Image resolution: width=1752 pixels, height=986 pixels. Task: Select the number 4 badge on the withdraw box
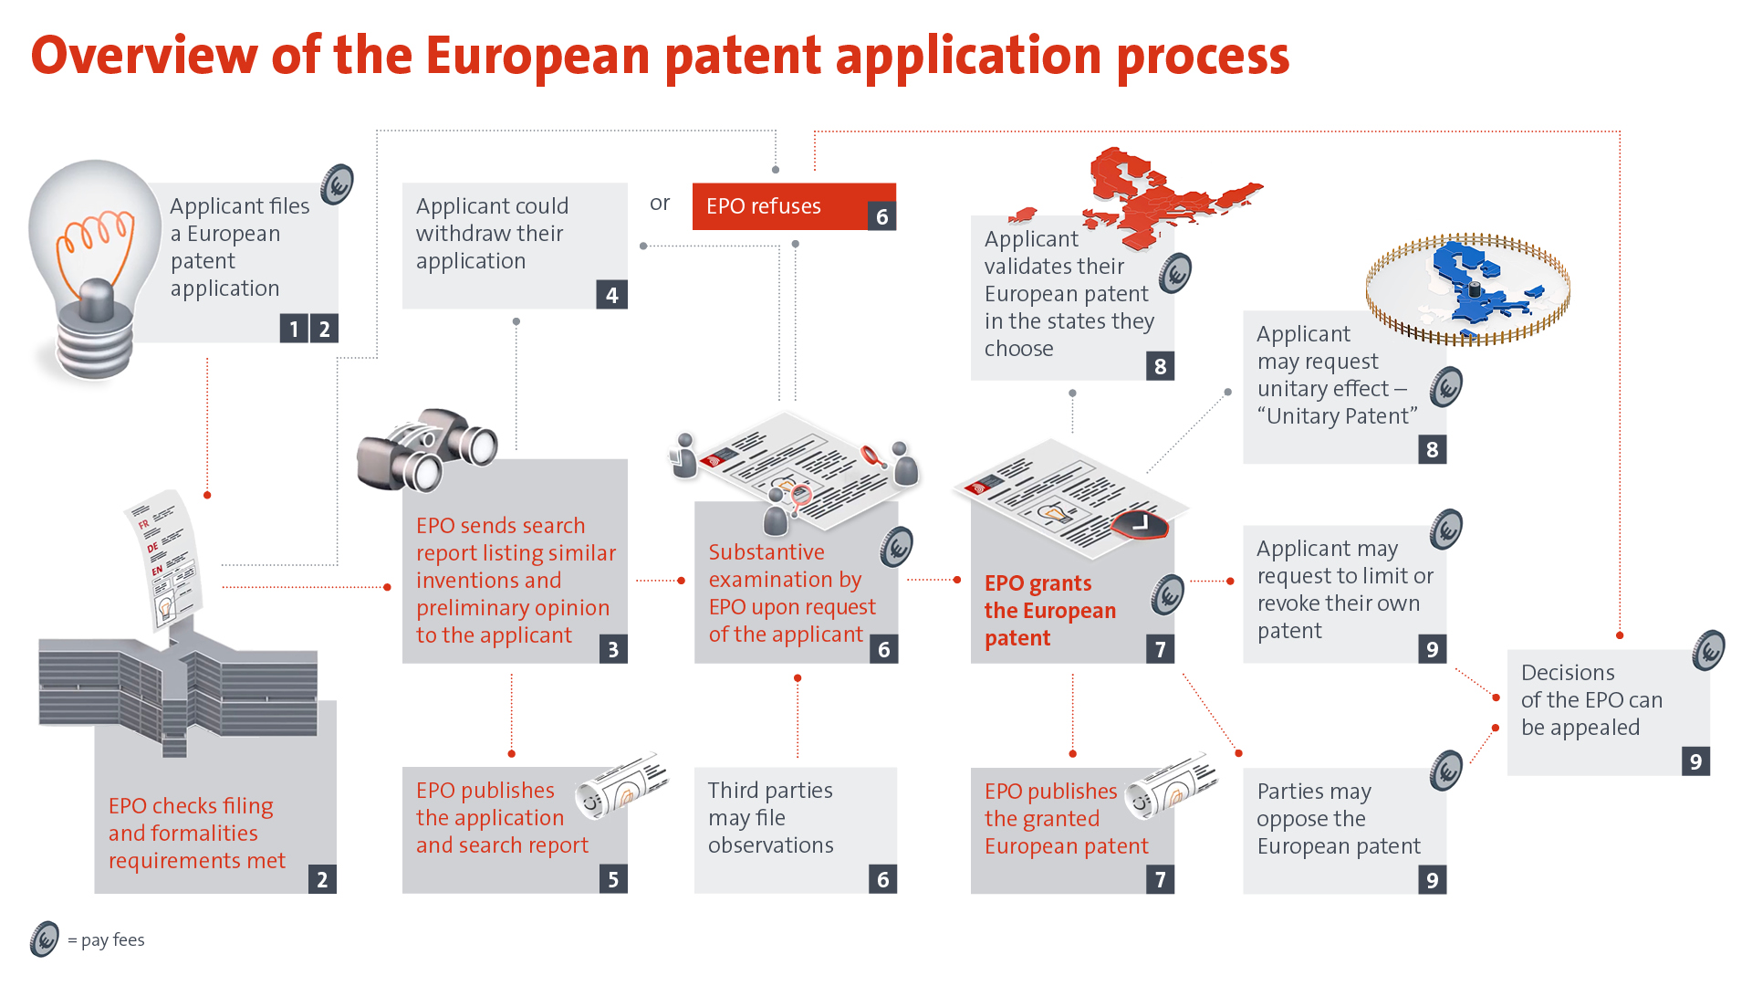point(611,295)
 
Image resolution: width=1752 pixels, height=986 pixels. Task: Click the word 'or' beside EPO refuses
point(660,204)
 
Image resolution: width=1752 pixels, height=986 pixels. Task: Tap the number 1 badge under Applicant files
point(294,329)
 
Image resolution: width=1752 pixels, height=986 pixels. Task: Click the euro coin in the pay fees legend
point(44,939)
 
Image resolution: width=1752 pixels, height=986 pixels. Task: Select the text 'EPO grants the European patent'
point(1049,610)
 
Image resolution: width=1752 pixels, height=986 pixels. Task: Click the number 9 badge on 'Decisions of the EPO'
point(1695,761)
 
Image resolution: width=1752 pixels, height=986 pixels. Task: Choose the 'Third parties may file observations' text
point(770,817)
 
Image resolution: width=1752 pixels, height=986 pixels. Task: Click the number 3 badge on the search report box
point(613,649)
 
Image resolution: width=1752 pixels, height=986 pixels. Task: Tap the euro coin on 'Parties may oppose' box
point(1446,771)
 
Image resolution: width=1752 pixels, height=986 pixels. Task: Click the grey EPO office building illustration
point(178,694)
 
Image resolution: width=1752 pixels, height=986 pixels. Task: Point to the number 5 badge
point(613,879)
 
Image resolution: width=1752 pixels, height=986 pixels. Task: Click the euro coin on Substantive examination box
point(897,548)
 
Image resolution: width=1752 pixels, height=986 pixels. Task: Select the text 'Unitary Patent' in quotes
point(1337,416)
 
